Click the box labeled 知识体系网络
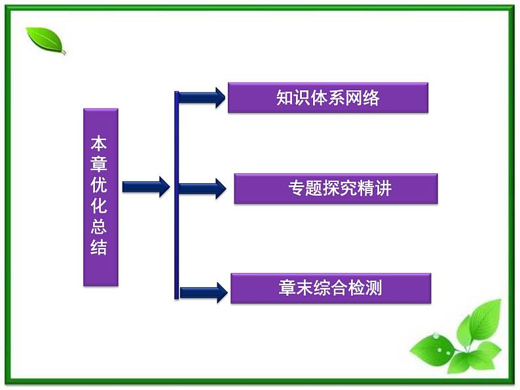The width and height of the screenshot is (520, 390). click(327, 97)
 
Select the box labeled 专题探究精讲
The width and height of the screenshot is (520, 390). click(335, 188)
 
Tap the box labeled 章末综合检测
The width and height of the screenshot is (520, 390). click(330, 288)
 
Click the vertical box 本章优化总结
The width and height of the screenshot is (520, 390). click(100, 197)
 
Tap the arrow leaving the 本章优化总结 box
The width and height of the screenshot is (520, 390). click(145, 186)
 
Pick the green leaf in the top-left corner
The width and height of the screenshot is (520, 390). click(45, 40)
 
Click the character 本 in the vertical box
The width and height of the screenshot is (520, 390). click(99, 143)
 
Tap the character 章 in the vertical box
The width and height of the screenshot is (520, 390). click(99, 164)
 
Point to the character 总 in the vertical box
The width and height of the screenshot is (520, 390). click(99, 228)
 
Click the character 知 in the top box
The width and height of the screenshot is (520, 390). click(284, 98)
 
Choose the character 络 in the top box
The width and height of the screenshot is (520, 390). click(371, 98)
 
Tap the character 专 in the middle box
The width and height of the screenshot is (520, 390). click(296, 188)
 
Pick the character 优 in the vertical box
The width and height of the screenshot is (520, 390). click(99, 185)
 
